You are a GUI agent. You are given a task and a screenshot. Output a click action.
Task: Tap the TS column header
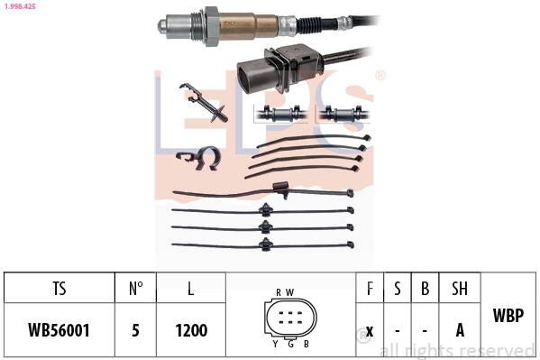[59, 289]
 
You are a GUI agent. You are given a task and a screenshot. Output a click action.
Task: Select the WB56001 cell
[59, 329]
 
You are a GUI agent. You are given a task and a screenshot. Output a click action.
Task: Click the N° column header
[135, 289]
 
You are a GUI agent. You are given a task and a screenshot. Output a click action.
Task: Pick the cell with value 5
[135, 329]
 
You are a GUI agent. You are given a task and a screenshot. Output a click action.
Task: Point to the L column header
[190, 289]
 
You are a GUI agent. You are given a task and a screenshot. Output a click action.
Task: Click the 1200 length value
[190, 329]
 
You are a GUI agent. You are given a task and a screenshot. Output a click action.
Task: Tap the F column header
[370, 289]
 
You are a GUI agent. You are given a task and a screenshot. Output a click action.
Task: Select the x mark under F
[370, 329]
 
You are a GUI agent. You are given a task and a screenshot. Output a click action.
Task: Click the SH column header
[459, 289]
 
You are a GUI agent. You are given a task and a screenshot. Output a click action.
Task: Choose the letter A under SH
[459, 329]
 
